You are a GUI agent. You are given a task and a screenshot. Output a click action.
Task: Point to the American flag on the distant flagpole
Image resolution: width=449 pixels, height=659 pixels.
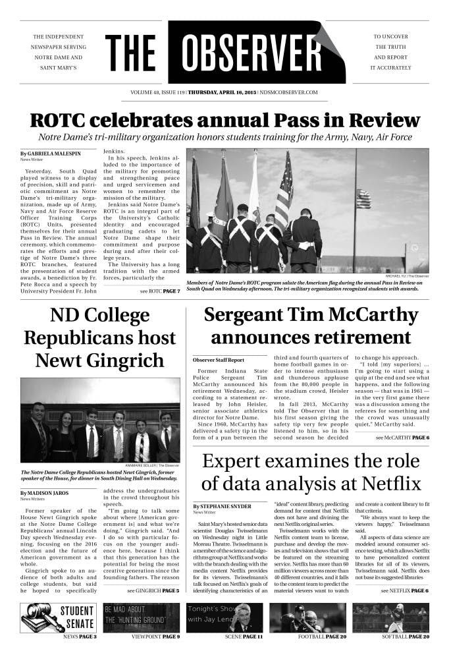point(363,198)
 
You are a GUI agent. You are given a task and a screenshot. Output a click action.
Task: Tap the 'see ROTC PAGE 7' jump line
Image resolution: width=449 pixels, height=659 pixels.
point(159,291)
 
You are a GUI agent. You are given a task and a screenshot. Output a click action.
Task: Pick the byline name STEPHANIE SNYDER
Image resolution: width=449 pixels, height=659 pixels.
point(224,505)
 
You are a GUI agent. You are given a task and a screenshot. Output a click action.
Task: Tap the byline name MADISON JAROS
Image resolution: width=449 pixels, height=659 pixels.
point(47,493)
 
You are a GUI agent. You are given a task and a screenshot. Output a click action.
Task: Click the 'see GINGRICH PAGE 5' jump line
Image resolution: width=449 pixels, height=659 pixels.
point(153,591)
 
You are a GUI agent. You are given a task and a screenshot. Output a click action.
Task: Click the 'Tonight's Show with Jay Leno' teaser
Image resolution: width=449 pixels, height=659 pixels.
point(224,617)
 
